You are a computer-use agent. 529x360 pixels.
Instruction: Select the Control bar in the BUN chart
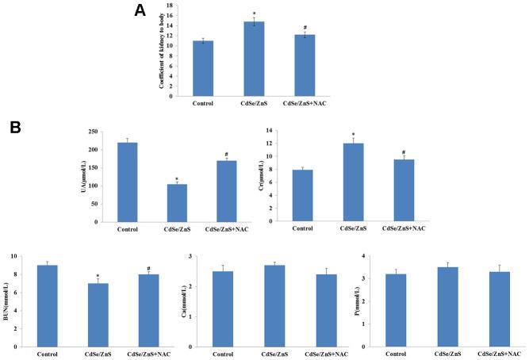(47, 306)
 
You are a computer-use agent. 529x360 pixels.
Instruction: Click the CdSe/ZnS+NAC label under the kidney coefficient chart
(305, 102)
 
